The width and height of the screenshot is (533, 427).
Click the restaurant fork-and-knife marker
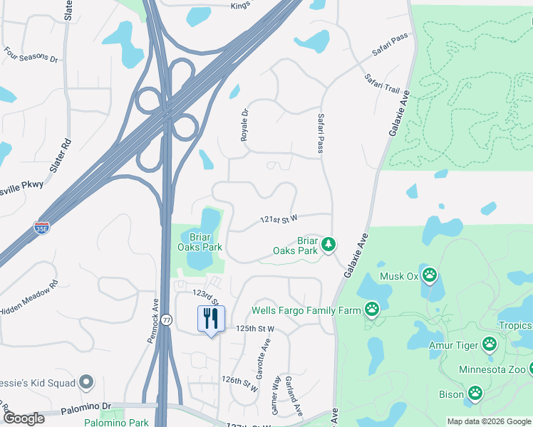click(211, 318)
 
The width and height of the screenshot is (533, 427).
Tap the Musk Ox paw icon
click(430, 275)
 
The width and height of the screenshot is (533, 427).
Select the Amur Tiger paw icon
click(489, 344)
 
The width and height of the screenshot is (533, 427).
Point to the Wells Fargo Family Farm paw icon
click(372, 309)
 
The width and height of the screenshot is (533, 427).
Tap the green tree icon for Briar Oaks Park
click(328, 244)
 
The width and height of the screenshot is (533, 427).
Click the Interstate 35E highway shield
click(42, 228)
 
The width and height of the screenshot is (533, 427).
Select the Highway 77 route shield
click(166, 320)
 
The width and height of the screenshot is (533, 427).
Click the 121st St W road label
click(277, 218)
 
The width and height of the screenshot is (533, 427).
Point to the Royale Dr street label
click(244, 124)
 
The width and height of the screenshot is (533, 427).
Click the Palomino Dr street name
click(86, 406)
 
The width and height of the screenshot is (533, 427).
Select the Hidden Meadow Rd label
click(29, 300)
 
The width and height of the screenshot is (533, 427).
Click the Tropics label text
click(514, 326)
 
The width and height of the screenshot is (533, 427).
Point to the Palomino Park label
click(117, 422)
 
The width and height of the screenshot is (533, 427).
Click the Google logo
click(24, 418)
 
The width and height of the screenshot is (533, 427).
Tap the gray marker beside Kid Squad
click(87, 383)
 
